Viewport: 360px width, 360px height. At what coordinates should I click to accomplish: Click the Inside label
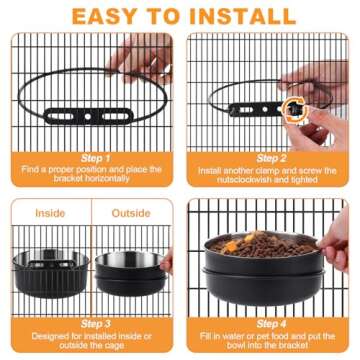[x=50, y=213]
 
